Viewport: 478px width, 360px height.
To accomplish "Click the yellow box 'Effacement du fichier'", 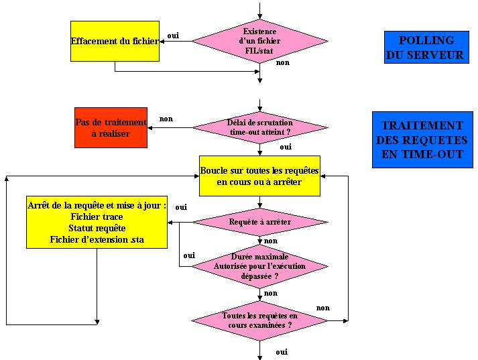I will click(115, 41).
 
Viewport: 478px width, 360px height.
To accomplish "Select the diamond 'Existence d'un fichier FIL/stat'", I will click(260, 41).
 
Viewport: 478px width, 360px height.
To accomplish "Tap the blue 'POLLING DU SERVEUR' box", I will click(426, 48).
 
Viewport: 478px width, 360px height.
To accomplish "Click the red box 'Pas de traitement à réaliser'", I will click(111, 128).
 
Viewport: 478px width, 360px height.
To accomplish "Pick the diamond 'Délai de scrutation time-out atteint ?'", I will click(260, 127).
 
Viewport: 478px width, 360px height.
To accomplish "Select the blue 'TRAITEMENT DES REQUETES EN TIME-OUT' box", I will click(422, 139).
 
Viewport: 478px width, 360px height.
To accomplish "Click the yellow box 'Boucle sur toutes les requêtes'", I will click(259, 176).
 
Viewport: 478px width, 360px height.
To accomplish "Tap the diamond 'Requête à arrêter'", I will click(260, 221).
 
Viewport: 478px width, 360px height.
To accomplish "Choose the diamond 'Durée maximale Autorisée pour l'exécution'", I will click(260, 265).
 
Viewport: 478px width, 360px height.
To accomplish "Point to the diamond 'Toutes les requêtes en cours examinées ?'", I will click(260, 320).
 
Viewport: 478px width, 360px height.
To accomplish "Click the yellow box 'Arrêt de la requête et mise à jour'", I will click(97, 222).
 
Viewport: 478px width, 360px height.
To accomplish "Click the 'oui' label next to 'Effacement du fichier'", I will click(173, 36).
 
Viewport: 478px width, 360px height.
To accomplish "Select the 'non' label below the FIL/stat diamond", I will click(283, 62).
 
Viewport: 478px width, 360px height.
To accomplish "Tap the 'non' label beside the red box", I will click(166, 119).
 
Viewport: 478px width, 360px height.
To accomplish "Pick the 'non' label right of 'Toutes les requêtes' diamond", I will click(323, 308).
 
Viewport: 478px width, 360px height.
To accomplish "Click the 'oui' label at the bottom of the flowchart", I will click(282, 351).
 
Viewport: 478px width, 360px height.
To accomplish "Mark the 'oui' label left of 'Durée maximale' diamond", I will click(189, 255).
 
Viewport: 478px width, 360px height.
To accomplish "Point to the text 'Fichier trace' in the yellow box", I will click(97, 217).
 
